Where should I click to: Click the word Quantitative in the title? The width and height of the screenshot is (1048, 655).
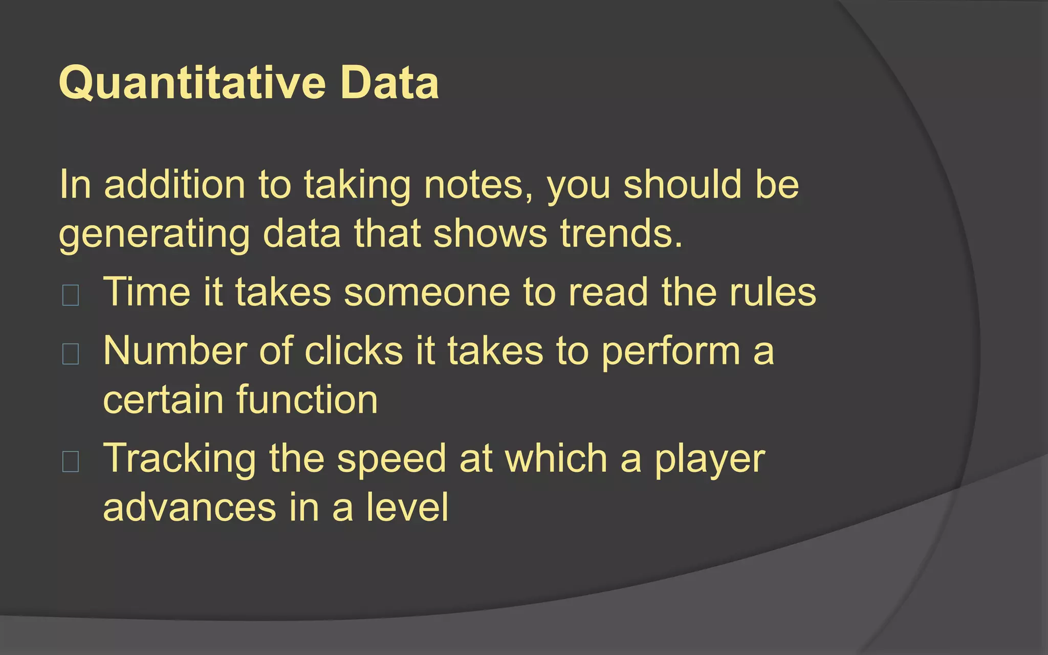pos(192,83)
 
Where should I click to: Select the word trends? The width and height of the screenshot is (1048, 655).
pos(621,234)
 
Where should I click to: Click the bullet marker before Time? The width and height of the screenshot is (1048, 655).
pos(70,295)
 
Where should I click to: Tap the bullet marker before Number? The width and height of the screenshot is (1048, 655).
pos(70,354)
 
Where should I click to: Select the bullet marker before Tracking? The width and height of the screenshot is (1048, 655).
pos(70,461)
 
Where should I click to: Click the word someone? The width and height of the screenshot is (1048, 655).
pos(427,292)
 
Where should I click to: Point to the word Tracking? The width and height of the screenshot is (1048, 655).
pos(180,460)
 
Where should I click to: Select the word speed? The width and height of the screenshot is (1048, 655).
pos(392,460)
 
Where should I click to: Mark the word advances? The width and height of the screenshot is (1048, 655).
pos(190,507)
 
